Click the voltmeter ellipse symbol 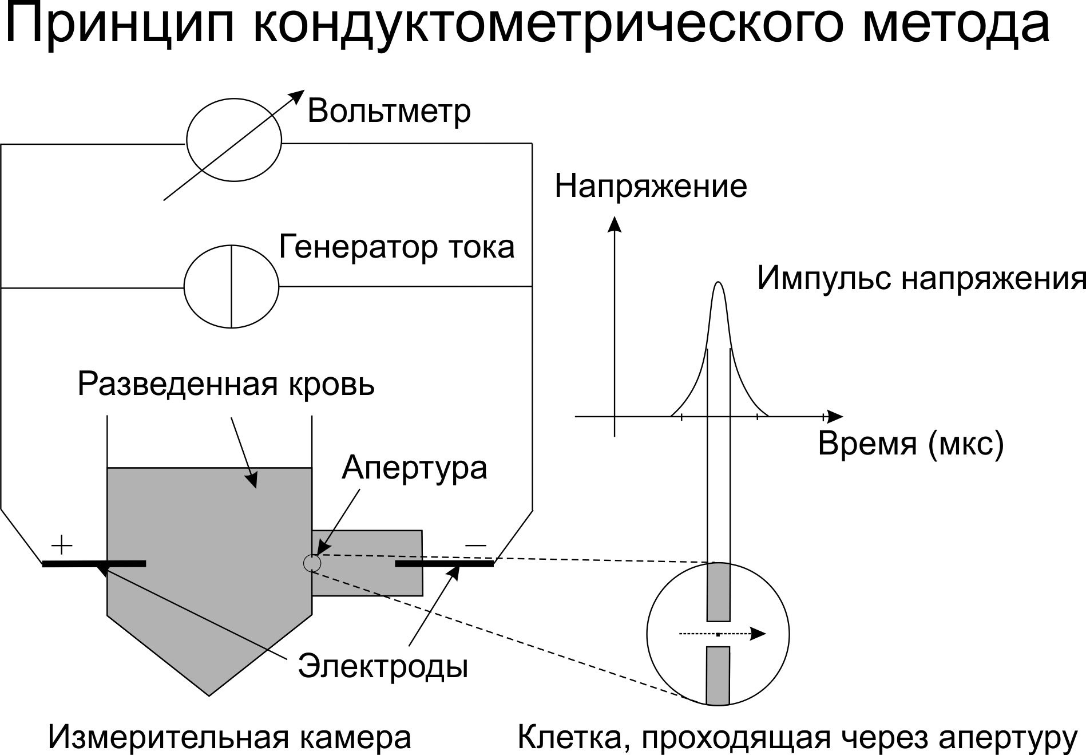point(234,140)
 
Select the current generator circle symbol point(231,286)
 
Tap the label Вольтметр point(389,111)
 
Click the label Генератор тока point(397,247)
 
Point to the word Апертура point(414,468)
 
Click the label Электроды point(383,666)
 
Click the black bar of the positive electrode point(94,564)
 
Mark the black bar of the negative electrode point(445,564)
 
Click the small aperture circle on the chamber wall point(312,563)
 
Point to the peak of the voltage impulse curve point(719,282)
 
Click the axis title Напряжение point(651,187)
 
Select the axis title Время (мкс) point(911,444)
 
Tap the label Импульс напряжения point(921,278)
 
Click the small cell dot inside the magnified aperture point(718,634)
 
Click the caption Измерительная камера point(229,737)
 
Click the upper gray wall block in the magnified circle point(718,592)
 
